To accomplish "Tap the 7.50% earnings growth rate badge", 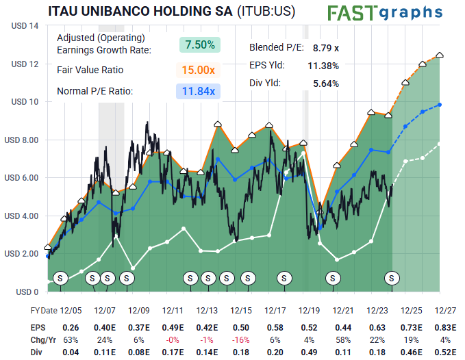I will pyautogui.click(x=200, y=44).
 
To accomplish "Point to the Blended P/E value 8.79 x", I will pyautogui.click(x=325, y=48).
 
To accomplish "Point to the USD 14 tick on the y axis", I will pyautogui.click(x=24, y=26).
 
